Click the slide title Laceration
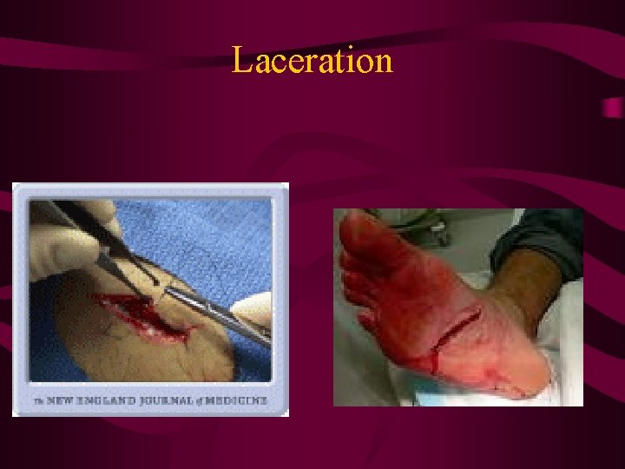point(312,61)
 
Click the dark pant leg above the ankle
point(534,239)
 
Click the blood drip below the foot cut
point(434,365)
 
